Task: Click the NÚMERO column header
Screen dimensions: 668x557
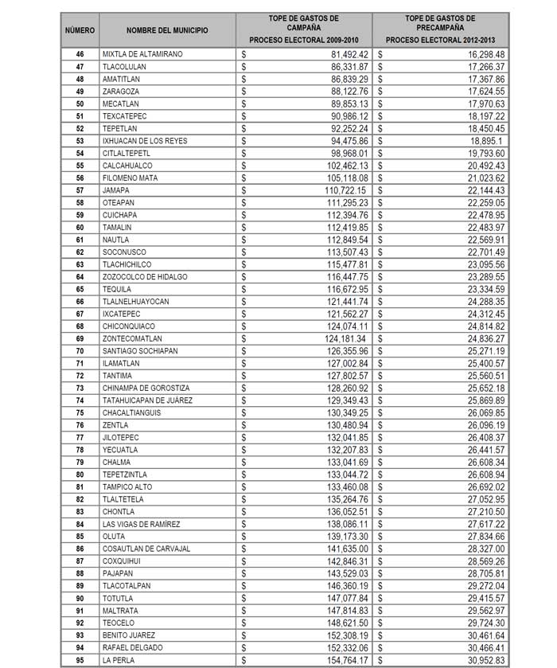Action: click(x=80, y=30)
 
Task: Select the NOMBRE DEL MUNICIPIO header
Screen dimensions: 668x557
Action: click(x=167, y=30)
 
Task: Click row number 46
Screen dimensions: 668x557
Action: click(x=80, y=54)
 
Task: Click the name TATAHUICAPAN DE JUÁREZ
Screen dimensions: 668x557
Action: click(x=147, y=400)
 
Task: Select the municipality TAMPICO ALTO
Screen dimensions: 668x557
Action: click(x=127, y=486)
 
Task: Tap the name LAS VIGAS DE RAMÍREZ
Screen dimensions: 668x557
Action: click(x=142, y=524)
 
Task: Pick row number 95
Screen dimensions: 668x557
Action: click(x=80, y=660)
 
